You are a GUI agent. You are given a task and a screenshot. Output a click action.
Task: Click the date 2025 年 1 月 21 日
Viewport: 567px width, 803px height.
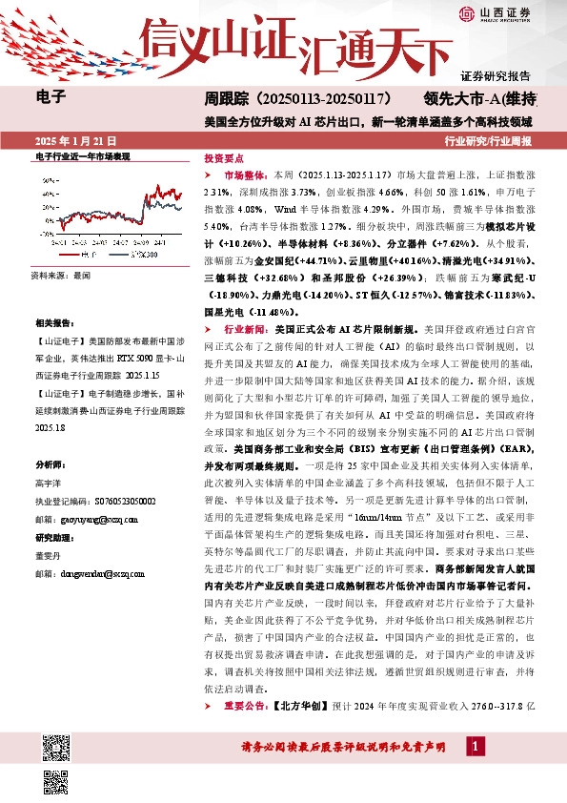[71, 140]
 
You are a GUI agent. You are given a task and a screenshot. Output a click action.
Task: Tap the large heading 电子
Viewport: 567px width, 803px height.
[50, 95]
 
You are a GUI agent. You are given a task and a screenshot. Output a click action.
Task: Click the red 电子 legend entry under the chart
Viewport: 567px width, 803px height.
[91, 256]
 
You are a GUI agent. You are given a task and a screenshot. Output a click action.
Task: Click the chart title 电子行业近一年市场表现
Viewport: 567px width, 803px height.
[82, 155]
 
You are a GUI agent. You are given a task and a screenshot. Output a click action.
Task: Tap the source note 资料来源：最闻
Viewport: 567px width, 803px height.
[60, 275]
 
